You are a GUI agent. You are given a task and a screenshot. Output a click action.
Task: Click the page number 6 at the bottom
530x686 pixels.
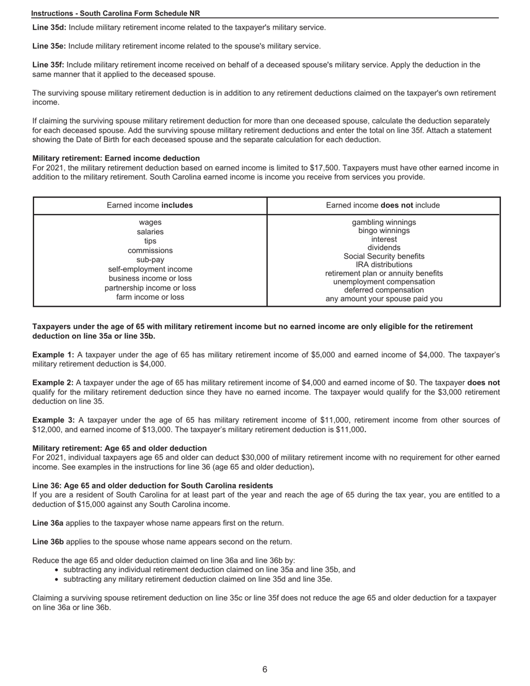[264, 669]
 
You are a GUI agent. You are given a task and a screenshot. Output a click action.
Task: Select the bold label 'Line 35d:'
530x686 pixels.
[49, 27]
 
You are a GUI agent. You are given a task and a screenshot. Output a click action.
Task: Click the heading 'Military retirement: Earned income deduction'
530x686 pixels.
[116, 158]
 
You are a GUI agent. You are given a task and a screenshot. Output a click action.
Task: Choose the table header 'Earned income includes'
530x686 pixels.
[150, 205]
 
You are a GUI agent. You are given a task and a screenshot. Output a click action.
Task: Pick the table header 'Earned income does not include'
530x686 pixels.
[383, 205]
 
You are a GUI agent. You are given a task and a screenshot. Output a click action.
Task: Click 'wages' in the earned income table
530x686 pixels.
[150, 222]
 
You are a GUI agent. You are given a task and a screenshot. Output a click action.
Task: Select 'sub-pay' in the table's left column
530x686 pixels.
[150, 260]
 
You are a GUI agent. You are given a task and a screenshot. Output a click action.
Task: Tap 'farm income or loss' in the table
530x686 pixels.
[150, 297]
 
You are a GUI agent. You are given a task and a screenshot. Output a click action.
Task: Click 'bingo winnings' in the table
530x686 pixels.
[384, 230]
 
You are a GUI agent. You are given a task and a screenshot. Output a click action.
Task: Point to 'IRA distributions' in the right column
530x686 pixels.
[384, 264]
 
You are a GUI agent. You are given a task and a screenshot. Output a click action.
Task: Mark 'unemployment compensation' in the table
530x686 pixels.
[384, 282]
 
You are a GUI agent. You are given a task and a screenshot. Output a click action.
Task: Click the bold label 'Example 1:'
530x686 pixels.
[53, 355]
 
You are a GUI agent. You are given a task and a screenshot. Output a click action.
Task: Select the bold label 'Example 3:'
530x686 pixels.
[53, 420]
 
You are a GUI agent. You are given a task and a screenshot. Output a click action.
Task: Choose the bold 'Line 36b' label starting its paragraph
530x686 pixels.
[48, 542]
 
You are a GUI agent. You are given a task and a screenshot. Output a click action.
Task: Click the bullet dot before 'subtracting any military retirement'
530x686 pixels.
[58, 579]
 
